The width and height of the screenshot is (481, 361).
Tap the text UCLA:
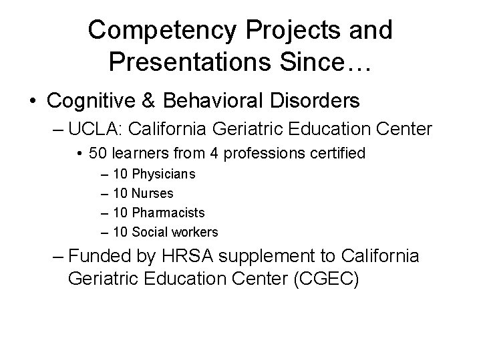pyautogui.click(x=92, y=128)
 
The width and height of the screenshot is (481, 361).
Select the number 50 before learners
pyautogui.click(x=96, y=154)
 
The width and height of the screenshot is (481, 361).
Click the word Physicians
pyautogui.click(x=164, y=174)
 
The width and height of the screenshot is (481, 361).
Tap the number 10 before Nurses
pyautogui.click(x=120, y=194)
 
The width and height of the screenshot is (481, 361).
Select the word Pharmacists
pyautogui.click(x=168, y=213)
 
